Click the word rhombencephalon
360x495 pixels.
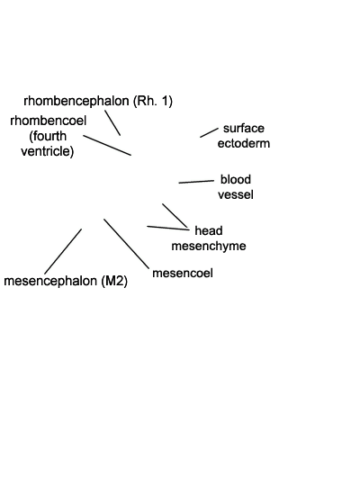(76, 102)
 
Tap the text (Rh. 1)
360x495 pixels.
(153, 102)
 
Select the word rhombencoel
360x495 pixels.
(49, 121)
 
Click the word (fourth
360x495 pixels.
(48, 136)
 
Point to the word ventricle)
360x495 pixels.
(48, 151)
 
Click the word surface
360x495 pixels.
(244, 128)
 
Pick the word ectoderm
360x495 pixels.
(244, 143)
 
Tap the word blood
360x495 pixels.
(236, 179)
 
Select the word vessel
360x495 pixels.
(236, 194)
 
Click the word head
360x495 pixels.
(209, 230)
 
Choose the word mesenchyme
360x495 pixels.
(209, 246)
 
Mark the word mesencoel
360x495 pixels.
(183, 273)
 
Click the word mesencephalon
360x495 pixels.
(50, 281)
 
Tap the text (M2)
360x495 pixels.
(114, 281)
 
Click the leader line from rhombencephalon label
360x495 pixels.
(112, 122)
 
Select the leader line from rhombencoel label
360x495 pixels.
(107, 145)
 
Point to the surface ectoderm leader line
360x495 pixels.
(209, 132)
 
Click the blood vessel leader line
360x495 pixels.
(196, 182)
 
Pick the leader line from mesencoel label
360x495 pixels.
(126, 244)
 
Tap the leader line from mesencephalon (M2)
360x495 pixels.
(63, 251)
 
